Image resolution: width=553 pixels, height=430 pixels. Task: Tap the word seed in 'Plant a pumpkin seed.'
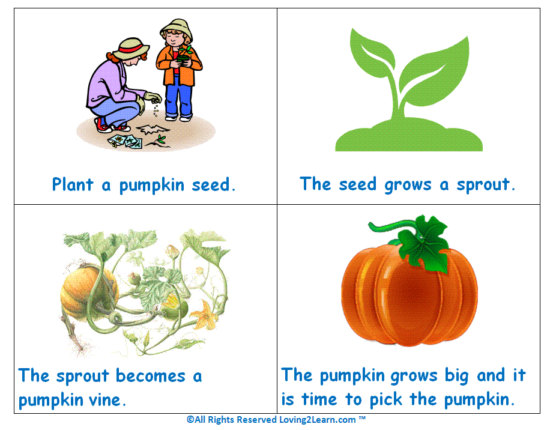pyautogui.click(x=214, y=184)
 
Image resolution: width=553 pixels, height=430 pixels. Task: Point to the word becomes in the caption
pyautogui.click(x=151, y=377)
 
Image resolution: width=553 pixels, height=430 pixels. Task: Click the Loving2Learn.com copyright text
pyautogui.click(x=276, y=420)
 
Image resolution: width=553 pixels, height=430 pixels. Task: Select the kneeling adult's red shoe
pyautogui.click(x=104, y=125)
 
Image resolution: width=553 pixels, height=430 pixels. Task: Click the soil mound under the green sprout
pyautogui.click(x=408, y=139)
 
